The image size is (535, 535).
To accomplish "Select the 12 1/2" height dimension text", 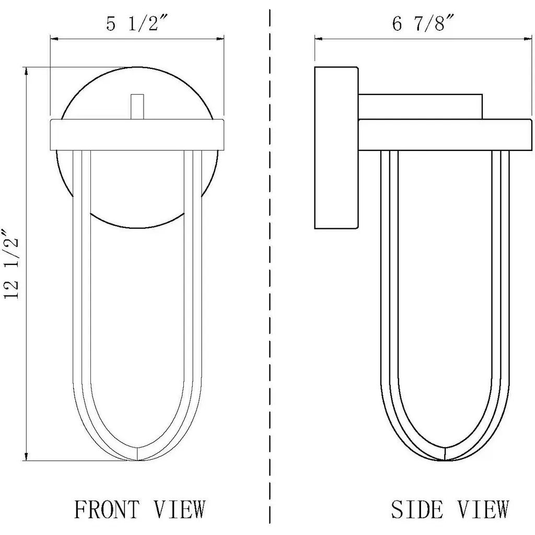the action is pos(11,264).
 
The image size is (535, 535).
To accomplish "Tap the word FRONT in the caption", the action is pos(107,509).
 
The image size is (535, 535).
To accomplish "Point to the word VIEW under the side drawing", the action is pos(483,509).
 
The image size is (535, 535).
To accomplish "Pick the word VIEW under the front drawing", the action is pos(179,509).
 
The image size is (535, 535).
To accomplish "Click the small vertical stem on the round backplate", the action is pos(137,107).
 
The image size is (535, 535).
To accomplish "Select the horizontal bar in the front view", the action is pos(137,135).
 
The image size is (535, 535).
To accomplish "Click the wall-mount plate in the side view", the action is pos(336,148).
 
